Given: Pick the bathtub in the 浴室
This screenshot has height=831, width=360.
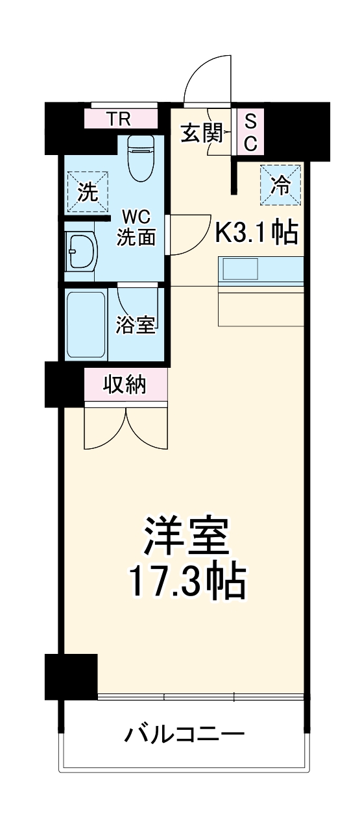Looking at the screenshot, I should tap(86, 324).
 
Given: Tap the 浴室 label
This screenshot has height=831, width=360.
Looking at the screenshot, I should tap(136, 325).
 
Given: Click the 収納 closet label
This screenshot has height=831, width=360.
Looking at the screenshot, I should tap(125, 385).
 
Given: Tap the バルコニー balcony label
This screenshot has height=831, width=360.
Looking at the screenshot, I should tap(185, 735).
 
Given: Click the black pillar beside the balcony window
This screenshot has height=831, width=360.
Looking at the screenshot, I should tap(71, 676).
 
